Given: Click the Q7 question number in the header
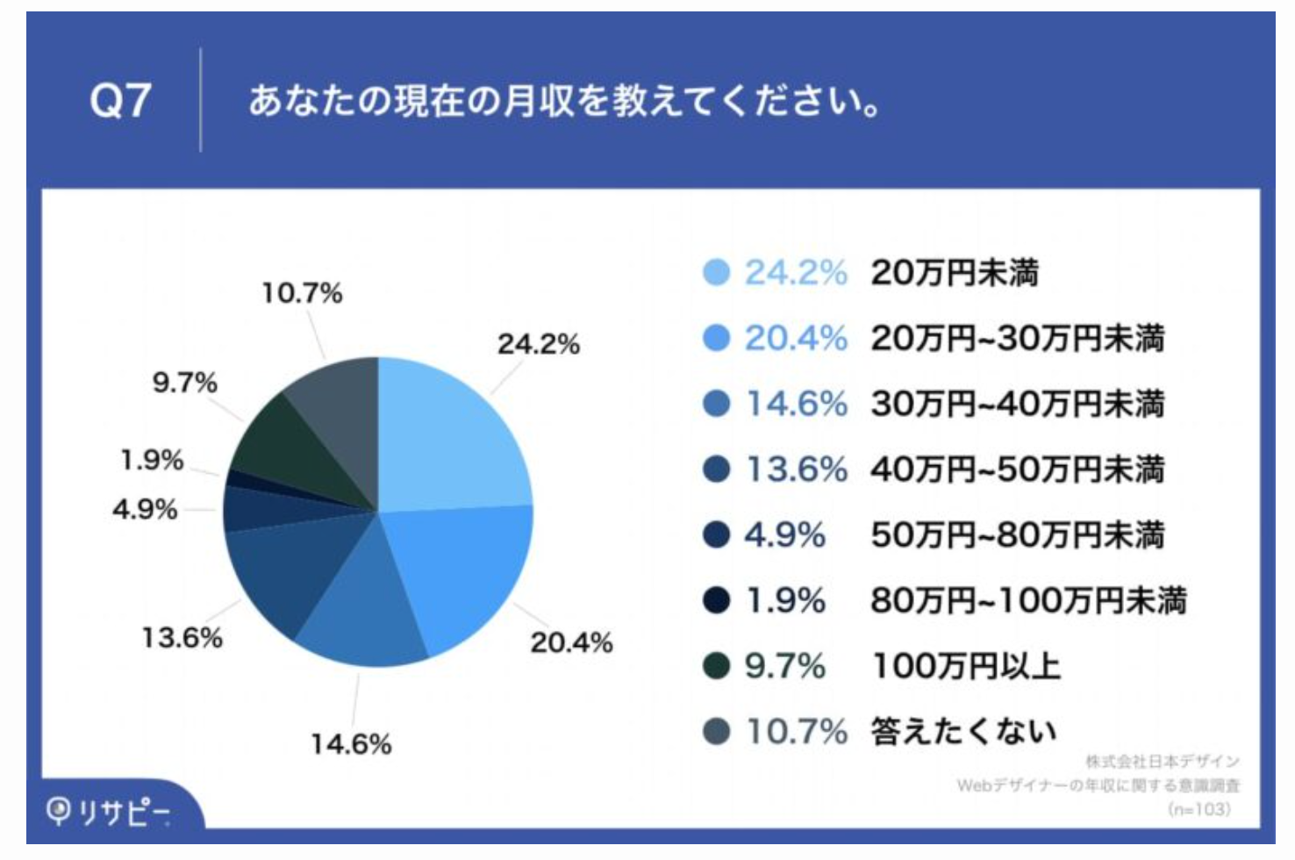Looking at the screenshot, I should (x=120, y=100).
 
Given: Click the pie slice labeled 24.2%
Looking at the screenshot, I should (x=447, y=439).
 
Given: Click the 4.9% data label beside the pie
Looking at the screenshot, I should (x=145, y=509).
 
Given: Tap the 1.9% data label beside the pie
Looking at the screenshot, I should (x=152, y=460).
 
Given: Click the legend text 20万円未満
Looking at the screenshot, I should (x=955, y=273).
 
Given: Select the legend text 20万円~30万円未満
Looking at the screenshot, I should (x=1018, y=339).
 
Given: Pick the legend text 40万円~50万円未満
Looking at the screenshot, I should (x=1018, y=469).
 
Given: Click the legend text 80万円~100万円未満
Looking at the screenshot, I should (x=1028, y=601).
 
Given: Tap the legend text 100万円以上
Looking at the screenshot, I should (x=966, y=667).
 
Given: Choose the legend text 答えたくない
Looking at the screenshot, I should (x=963, y=732).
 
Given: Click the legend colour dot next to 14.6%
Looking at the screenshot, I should (x=717, y=404).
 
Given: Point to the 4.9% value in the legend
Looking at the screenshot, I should (x=785, y=535).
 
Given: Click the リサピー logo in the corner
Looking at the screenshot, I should (x=110, y=812).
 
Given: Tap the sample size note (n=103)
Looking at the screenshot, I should (x=1199, y=809).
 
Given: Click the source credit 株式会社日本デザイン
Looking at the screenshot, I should (x=1163, y=761).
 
